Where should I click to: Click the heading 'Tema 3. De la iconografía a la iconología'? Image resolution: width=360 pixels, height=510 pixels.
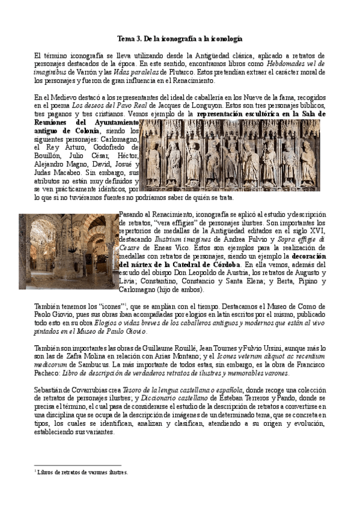(180, 38)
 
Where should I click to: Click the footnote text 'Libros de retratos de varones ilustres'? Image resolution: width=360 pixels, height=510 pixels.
(82, 472)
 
